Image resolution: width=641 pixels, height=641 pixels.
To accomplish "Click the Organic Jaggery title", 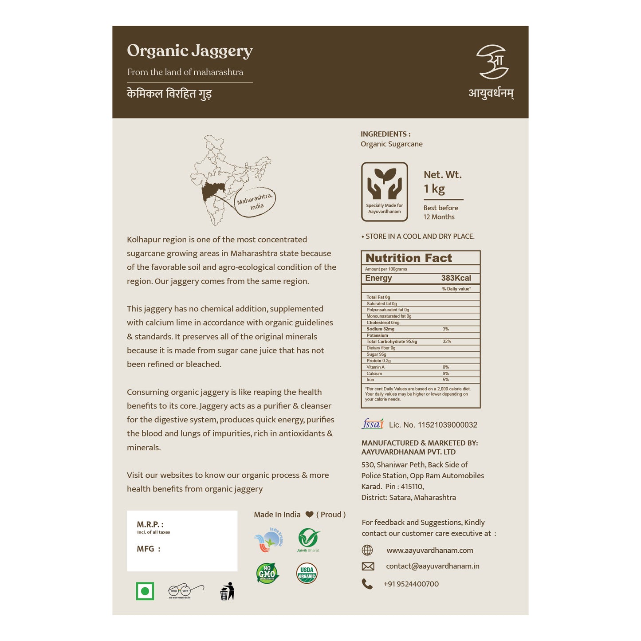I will [190, 51].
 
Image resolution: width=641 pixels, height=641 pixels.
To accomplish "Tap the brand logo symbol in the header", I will [492, 62].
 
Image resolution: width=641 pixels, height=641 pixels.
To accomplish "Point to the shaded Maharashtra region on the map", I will [212, 193].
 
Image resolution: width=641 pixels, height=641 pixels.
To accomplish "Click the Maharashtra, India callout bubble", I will [255, 202].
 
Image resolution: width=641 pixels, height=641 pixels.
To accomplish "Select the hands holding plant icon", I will [384, 184].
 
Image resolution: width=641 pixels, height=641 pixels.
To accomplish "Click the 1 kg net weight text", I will [434, 189].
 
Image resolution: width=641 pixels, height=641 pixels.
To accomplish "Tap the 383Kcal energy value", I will [456, 278].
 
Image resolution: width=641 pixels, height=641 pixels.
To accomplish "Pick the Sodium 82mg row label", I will [380, 329].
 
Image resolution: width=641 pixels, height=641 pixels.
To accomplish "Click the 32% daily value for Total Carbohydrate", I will [447, 342].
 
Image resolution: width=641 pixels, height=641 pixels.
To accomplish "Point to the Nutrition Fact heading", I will [409, 258].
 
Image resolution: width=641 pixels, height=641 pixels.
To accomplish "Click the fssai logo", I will [373, 424].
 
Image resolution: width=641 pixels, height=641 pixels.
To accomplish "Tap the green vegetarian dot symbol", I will [145, 591].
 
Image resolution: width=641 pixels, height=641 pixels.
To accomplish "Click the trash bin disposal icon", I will [227, 591].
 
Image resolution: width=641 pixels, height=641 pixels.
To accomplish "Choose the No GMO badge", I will [267, 573].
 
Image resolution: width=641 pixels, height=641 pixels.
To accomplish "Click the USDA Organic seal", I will [307, 573].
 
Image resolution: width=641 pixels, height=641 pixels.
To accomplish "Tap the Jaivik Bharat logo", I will [308, 539].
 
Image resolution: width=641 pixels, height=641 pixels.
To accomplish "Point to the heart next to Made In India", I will [309, 515].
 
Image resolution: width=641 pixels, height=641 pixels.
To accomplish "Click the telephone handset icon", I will [367, 584].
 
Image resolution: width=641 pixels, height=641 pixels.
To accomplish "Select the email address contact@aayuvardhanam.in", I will [433, 566].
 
